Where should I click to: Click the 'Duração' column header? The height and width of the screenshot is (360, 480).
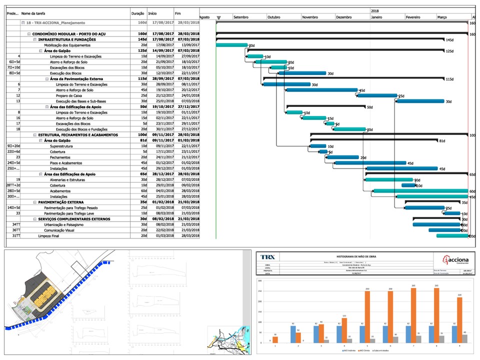tap(137, 13)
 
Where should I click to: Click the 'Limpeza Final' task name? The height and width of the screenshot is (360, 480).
tap(49, 235)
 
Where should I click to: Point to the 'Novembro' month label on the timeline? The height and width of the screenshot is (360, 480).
tap(310, 17)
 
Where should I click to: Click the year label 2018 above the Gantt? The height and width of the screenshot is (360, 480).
tap(375, 10)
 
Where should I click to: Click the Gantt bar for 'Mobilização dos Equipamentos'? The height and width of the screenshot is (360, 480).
tap(231, 45)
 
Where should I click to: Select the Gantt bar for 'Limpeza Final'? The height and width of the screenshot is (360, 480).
tap(452, 235)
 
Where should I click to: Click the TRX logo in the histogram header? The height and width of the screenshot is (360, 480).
tap(268, 257)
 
